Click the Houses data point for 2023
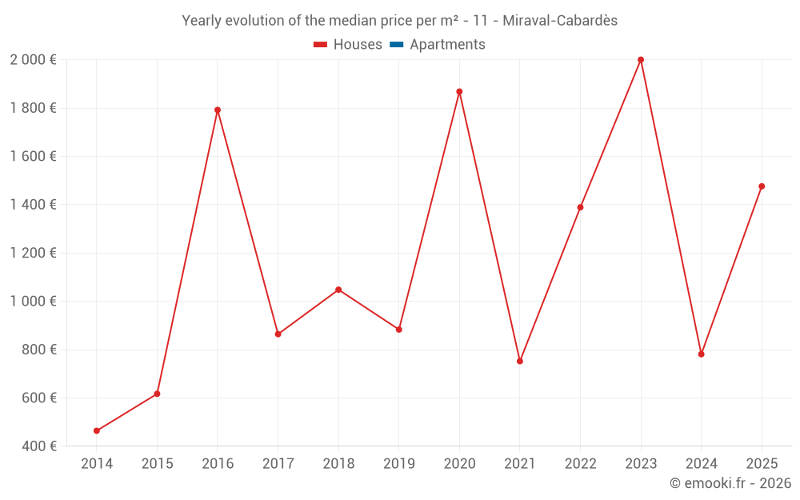tap(641, 60)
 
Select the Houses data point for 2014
tap(97, 431)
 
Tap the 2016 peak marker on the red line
tap(218, 110)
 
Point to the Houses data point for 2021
tap(520, 362)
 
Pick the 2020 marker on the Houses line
tap(459, 92)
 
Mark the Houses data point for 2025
tap(762, 186)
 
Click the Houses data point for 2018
tap(338, 290)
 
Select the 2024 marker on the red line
tap(702, 354)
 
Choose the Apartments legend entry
tap(446, 45)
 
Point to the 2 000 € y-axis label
tap(33, 60)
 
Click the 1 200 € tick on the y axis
tap(33, 254)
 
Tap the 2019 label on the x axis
tap(398, 464)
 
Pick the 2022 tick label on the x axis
tap(580, 464)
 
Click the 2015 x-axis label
tap(157, 464)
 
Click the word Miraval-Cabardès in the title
tap(560, 21)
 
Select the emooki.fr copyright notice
tap(730, 483)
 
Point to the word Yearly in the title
tap(202, 21)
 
